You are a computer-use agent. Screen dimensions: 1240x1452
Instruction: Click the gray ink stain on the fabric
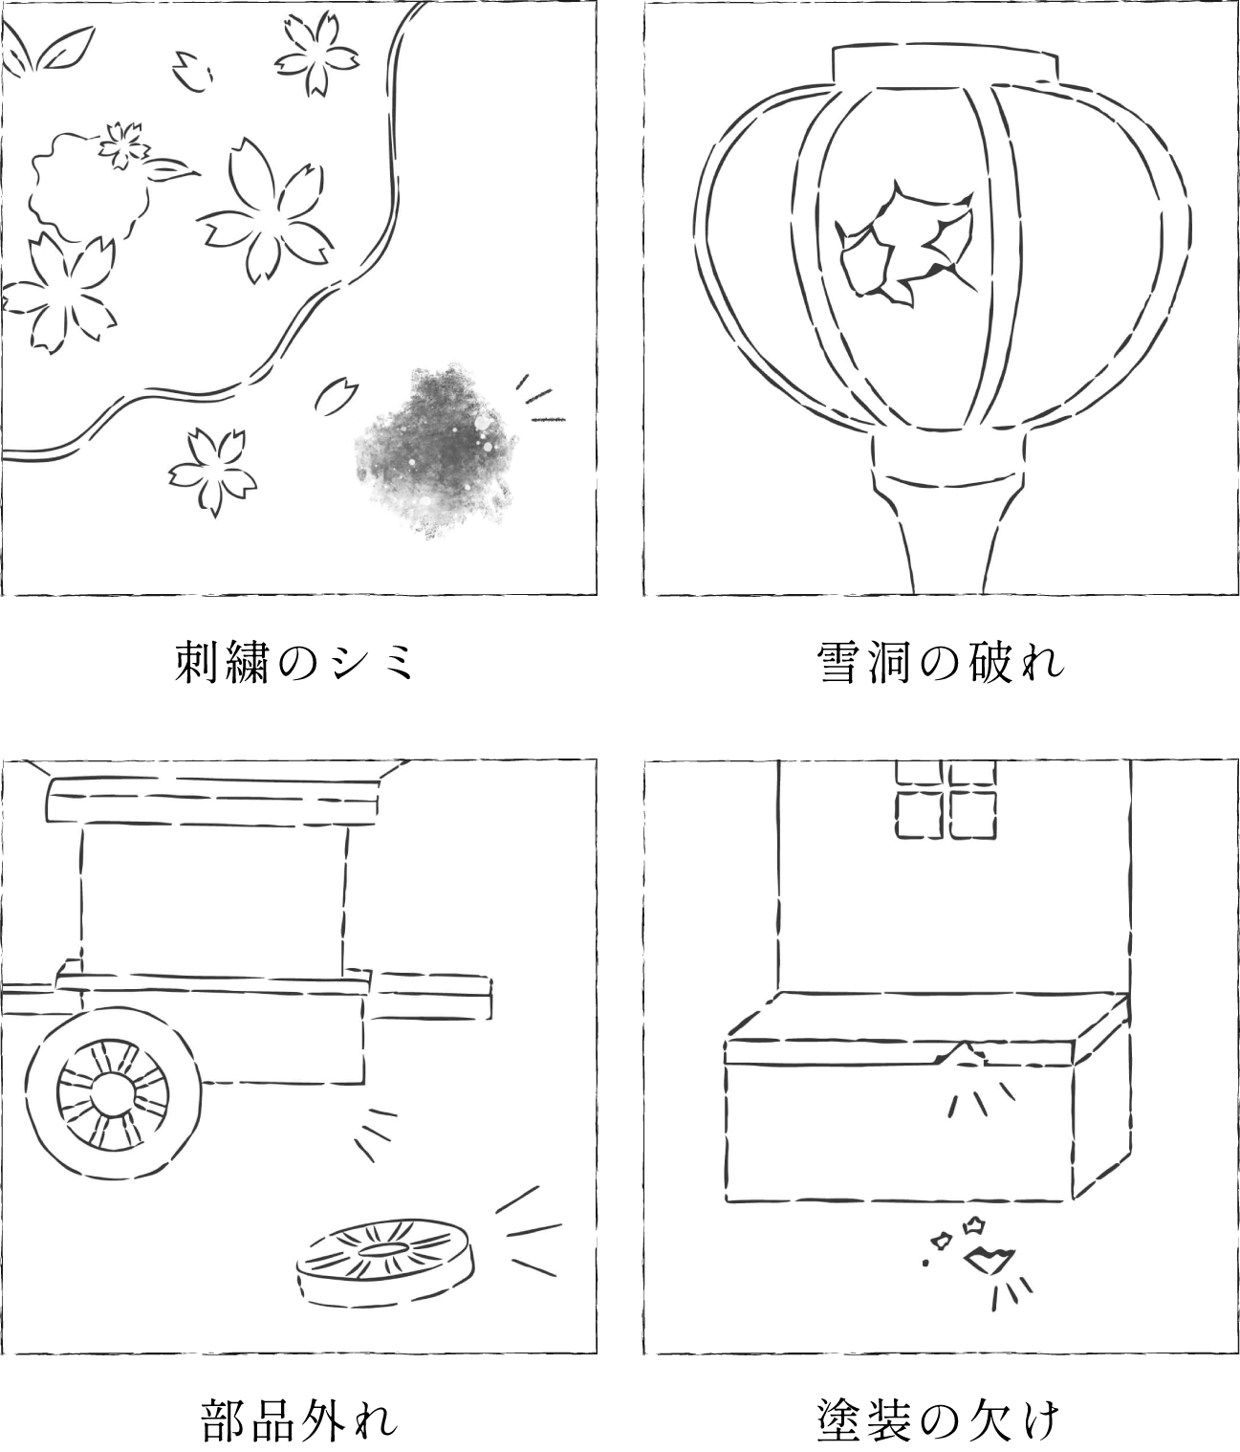pyautogui.click(x=435, y=451)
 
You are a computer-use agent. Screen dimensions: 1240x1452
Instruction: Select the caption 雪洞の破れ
pyautogui.click(x=941, y=662)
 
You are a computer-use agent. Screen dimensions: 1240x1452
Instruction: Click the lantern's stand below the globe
pyautogui.click(x=947, y=512)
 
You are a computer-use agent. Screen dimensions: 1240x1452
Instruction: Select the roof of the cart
pyautogui.click(x=213, y=798)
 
